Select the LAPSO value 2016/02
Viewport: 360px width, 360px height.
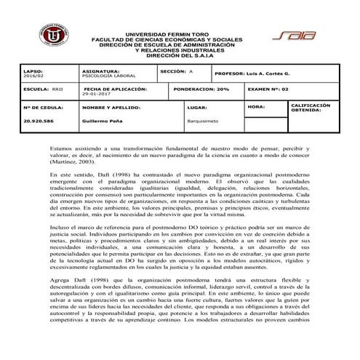tap(33, 75)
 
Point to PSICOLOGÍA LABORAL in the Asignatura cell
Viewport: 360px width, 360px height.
tap(107, 75)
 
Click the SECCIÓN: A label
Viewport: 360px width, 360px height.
tap(177, 71)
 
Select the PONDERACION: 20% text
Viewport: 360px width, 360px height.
tap(203, 88)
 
